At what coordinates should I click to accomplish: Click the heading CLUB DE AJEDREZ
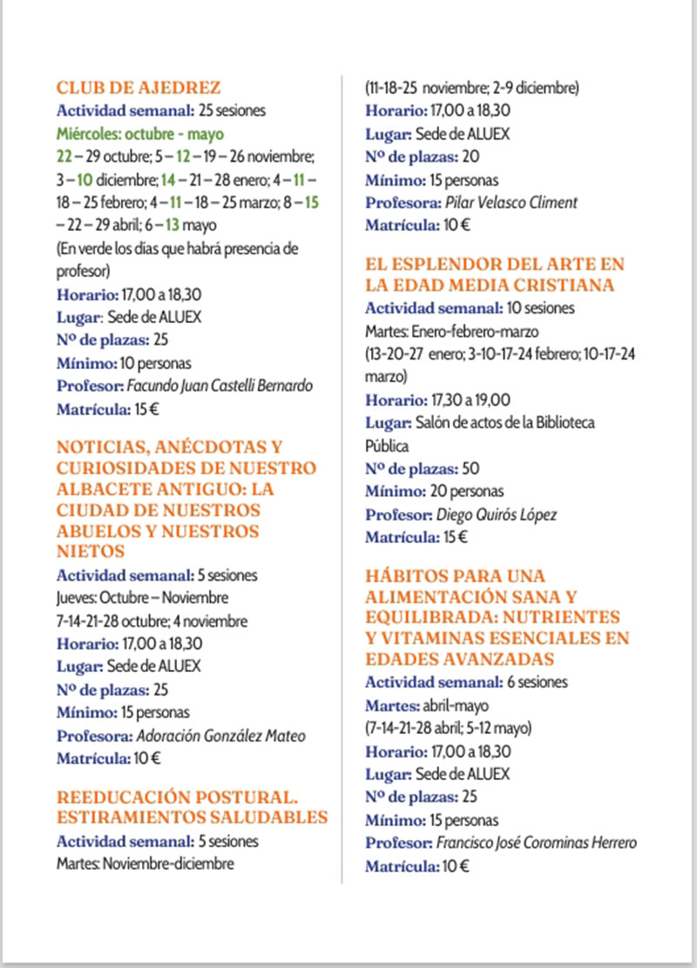139,88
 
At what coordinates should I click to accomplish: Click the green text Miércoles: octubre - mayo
140,134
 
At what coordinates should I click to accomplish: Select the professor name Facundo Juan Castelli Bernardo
220,386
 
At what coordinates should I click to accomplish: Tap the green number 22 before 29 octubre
64,158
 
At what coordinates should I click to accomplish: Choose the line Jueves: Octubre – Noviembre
143,598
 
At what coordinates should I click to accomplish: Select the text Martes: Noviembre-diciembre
145,865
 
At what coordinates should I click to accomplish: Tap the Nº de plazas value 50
471,468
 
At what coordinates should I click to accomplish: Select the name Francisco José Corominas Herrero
534,844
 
